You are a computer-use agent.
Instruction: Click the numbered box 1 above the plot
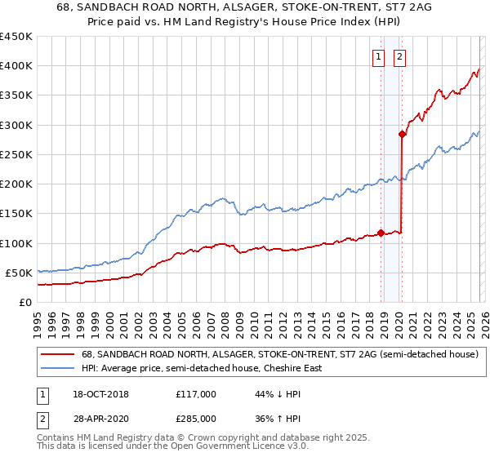(380, 57)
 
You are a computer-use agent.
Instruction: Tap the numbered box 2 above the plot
(400, 57)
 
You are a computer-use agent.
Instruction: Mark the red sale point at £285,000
(402, 134)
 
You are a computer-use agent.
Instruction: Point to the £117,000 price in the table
(196, 394)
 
